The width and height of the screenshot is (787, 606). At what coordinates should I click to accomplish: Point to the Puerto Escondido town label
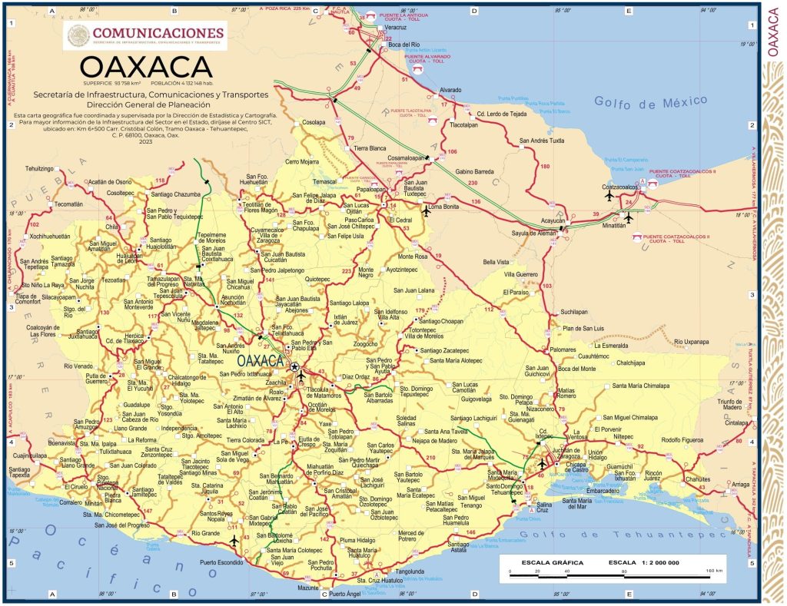(221, 563)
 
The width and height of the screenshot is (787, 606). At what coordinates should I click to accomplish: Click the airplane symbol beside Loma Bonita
(427, 210)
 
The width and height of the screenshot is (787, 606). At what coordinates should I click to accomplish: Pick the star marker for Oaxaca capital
(294, 368)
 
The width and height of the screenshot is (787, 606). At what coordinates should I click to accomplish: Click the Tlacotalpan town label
(464, 124)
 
